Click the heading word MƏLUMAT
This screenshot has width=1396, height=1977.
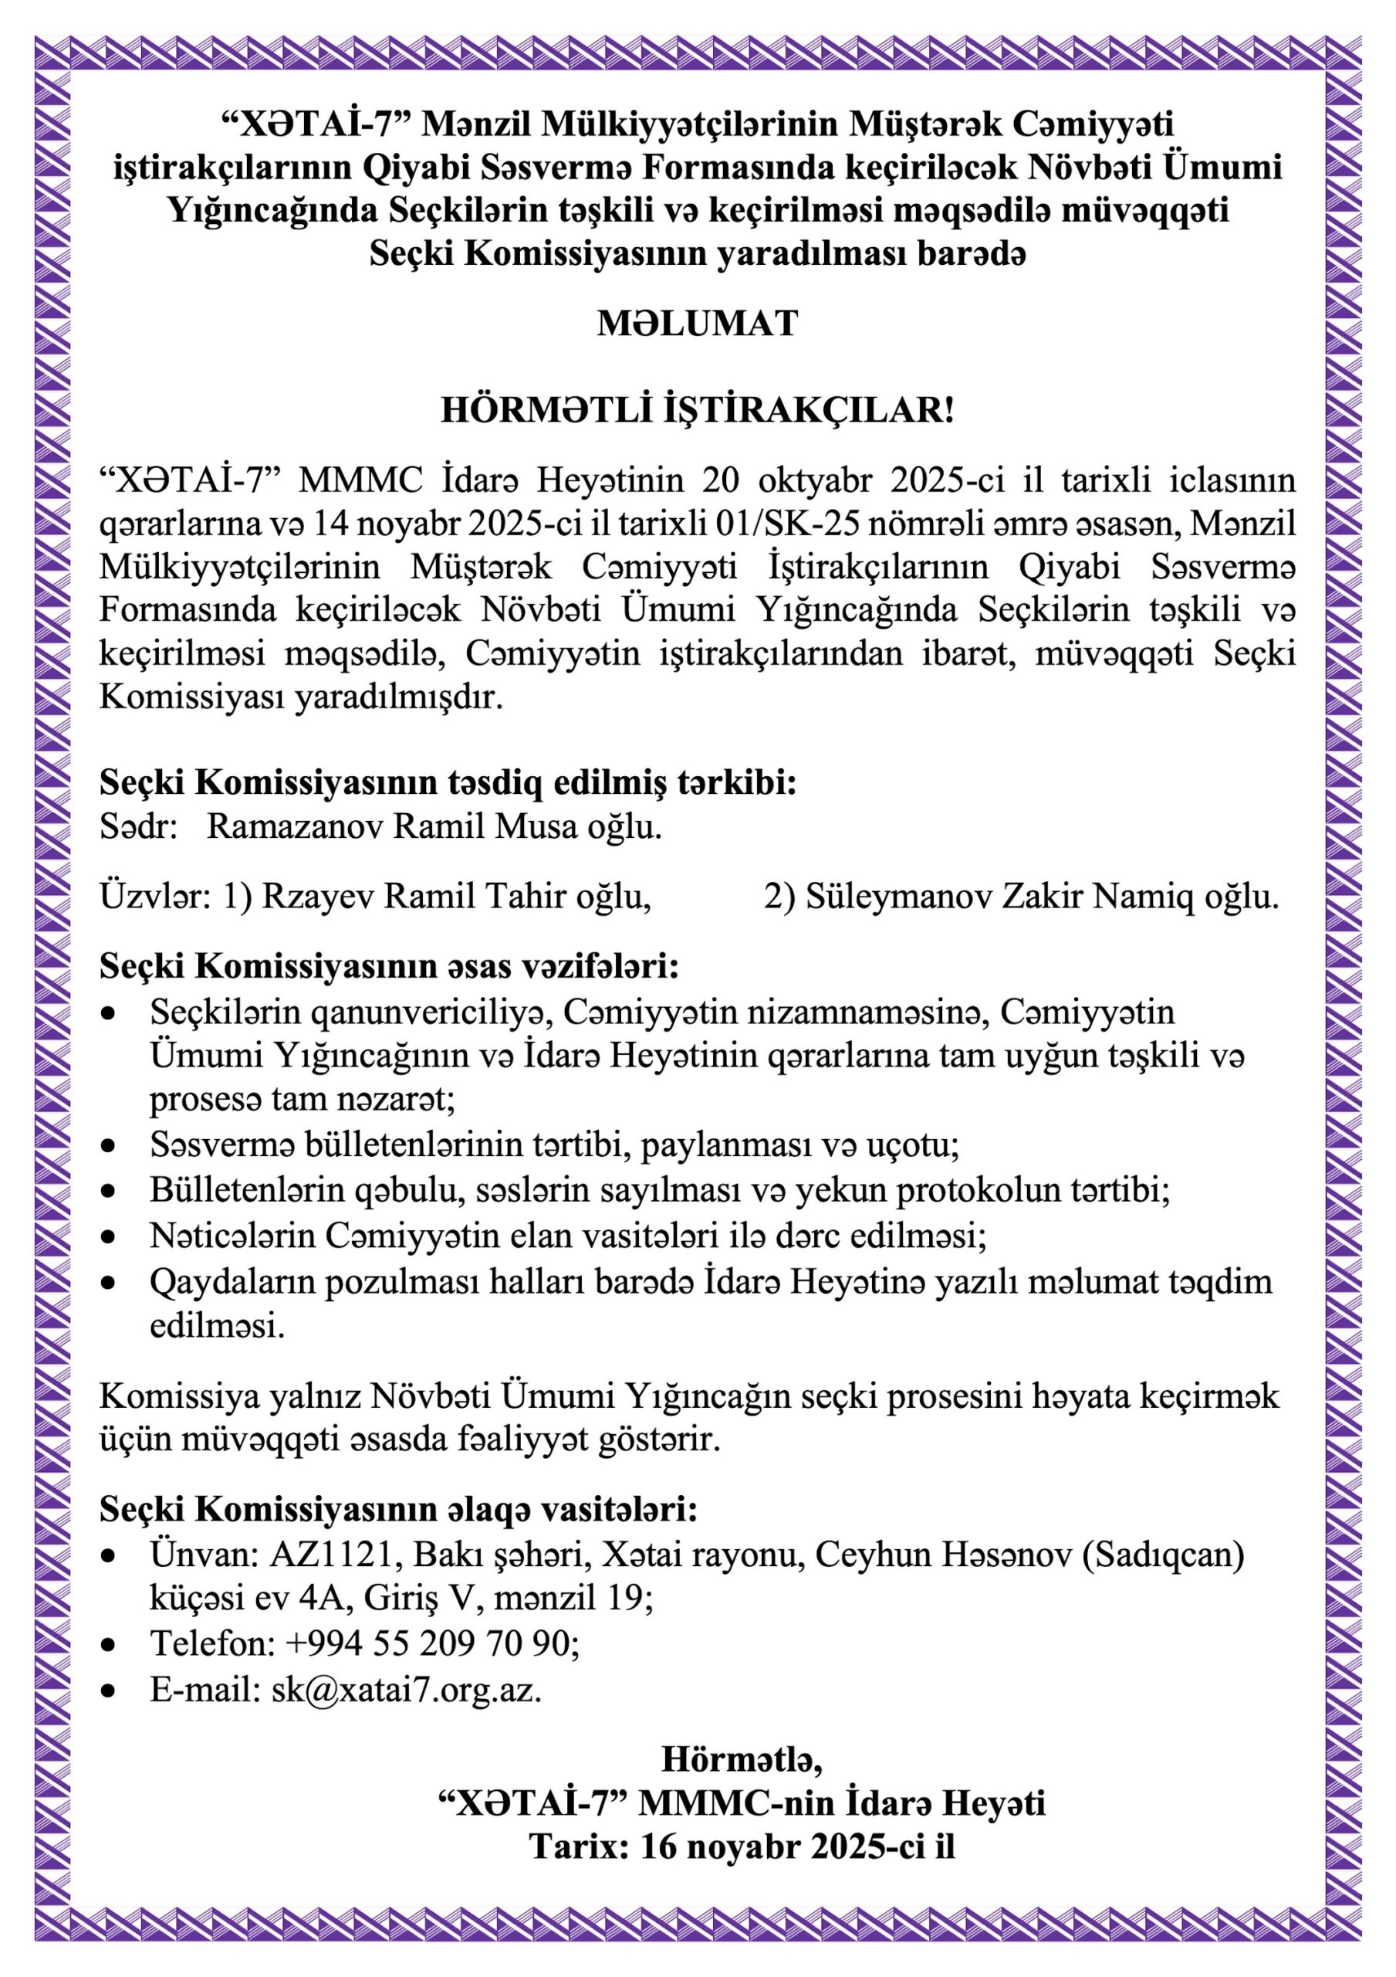click(697, 323)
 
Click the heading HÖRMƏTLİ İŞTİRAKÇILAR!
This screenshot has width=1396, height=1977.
click(697, 411)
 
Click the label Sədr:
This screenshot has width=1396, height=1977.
click(137, 826)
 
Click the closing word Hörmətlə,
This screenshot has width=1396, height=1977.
click(741, 1758)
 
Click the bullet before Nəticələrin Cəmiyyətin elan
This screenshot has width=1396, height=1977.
click(107, 1237)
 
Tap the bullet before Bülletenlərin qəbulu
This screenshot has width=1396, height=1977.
click(107, 1192)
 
